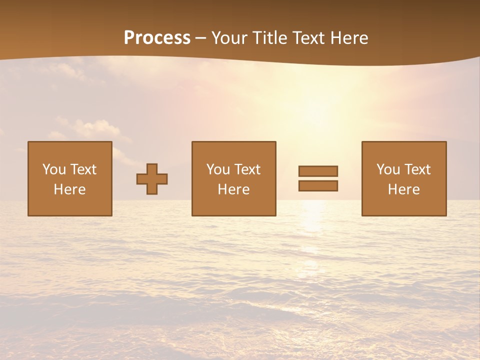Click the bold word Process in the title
pyautogui.click(x=157, y=38)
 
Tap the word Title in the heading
pyautogui.click(x=269, y=38)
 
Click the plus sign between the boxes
pyautogui.click(x=152, y=179)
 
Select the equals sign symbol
pyautogui.click(x=318, y=178)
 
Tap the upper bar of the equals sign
pyautogui.click(x=318, y=171)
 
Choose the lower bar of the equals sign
pyautogui.click(x=318, y=186)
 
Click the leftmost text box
pyautogui.click(x=70, y=178)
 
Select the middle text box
pyautogui.click(x=233, y=178)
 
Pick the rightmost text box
pyautogui.click(x=404, y=178)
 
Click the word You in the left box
pyautogui.click(x=54, y=169)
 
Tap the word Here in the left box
pyautogui.click(x=70, y=189)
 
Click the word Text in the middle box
pyautogui.click(x=247, y=169)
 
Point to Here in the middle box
pyautogui.click(x=233, y=189)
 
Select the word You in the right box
pyautogui.click(x=388, y=169)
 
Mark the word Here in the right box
pyautogui.click(x=404, y=189)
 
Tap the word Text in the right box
pyautogui.click(x=417, y=169)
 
